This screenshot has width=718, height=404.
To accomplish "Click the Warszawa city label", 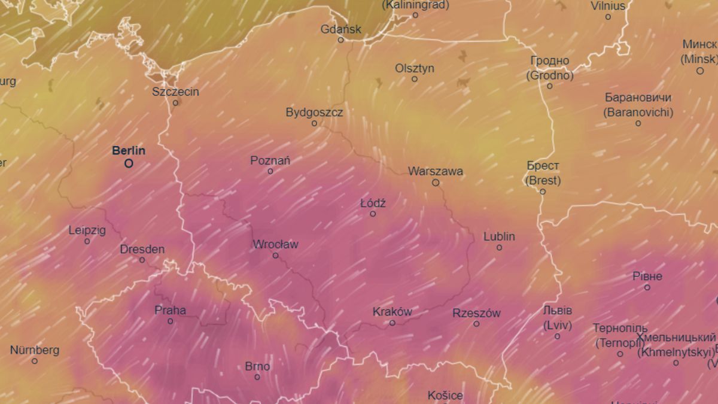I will [x=436, y=171].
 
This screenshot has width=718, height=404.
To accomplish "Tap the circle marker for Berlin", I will [x=129, y=163].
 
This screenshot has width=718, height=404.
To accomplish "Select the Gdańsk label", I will [x=341, y=29].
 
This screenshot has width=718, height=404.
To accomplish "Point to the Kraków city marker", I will [x=393, y=323].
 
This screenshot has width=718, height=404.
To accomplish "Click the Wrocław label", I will [x=275, y=244].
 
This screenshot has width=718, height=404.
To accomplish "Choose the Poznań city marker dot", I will [x=270, y=171].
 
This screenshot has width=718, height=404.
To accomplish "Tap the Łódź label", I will [x=373, y=203].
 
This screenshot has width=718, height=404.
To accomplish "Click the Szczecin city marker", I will [x=175, y=103].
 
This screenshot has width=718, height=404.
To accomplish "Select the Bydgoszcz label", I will [x=314, y=112].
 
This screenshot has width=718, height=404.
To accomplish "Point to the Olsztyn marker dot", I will [x=414, y=79].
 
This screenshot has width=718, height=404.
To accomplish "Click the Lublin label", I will [x=499, y=236].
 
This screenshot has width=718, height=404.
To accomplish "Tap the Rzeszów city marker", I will [x=476, y=324].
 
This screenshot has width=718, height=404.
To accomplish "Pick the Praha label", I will [x=170, y=310].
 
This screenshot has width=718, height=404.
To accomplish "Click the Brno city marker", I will [x=257, y=377].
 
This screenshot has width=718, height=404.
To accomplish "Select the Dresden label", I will [x=142, y=249].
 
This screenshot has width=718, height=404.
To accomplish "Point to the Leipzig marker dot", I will [x=87, y=241].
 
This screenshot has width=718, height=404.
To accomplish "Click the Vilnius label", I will [x=608, y=6].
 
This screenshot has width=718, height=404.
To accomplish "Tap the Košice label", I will [x=445, y=395].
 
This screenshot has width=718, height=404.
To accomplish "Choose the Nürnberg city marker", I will [x=35, y=361].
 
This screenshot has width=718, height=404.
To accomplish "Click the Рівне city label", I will [x=647, y=276].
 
